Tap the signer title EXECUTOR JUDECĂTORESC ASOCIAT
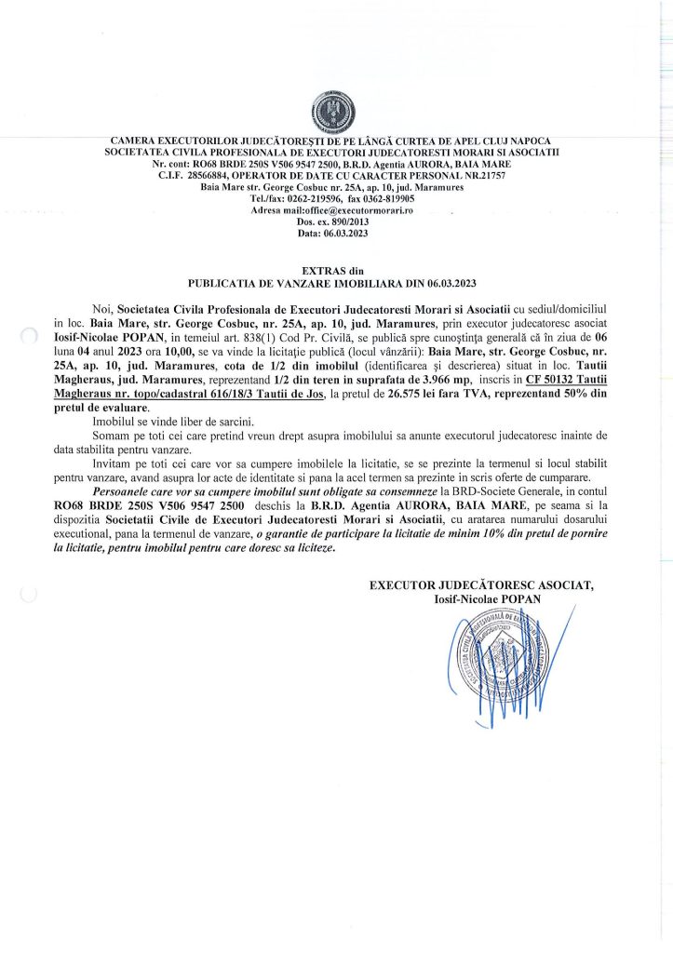point(481,585)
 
